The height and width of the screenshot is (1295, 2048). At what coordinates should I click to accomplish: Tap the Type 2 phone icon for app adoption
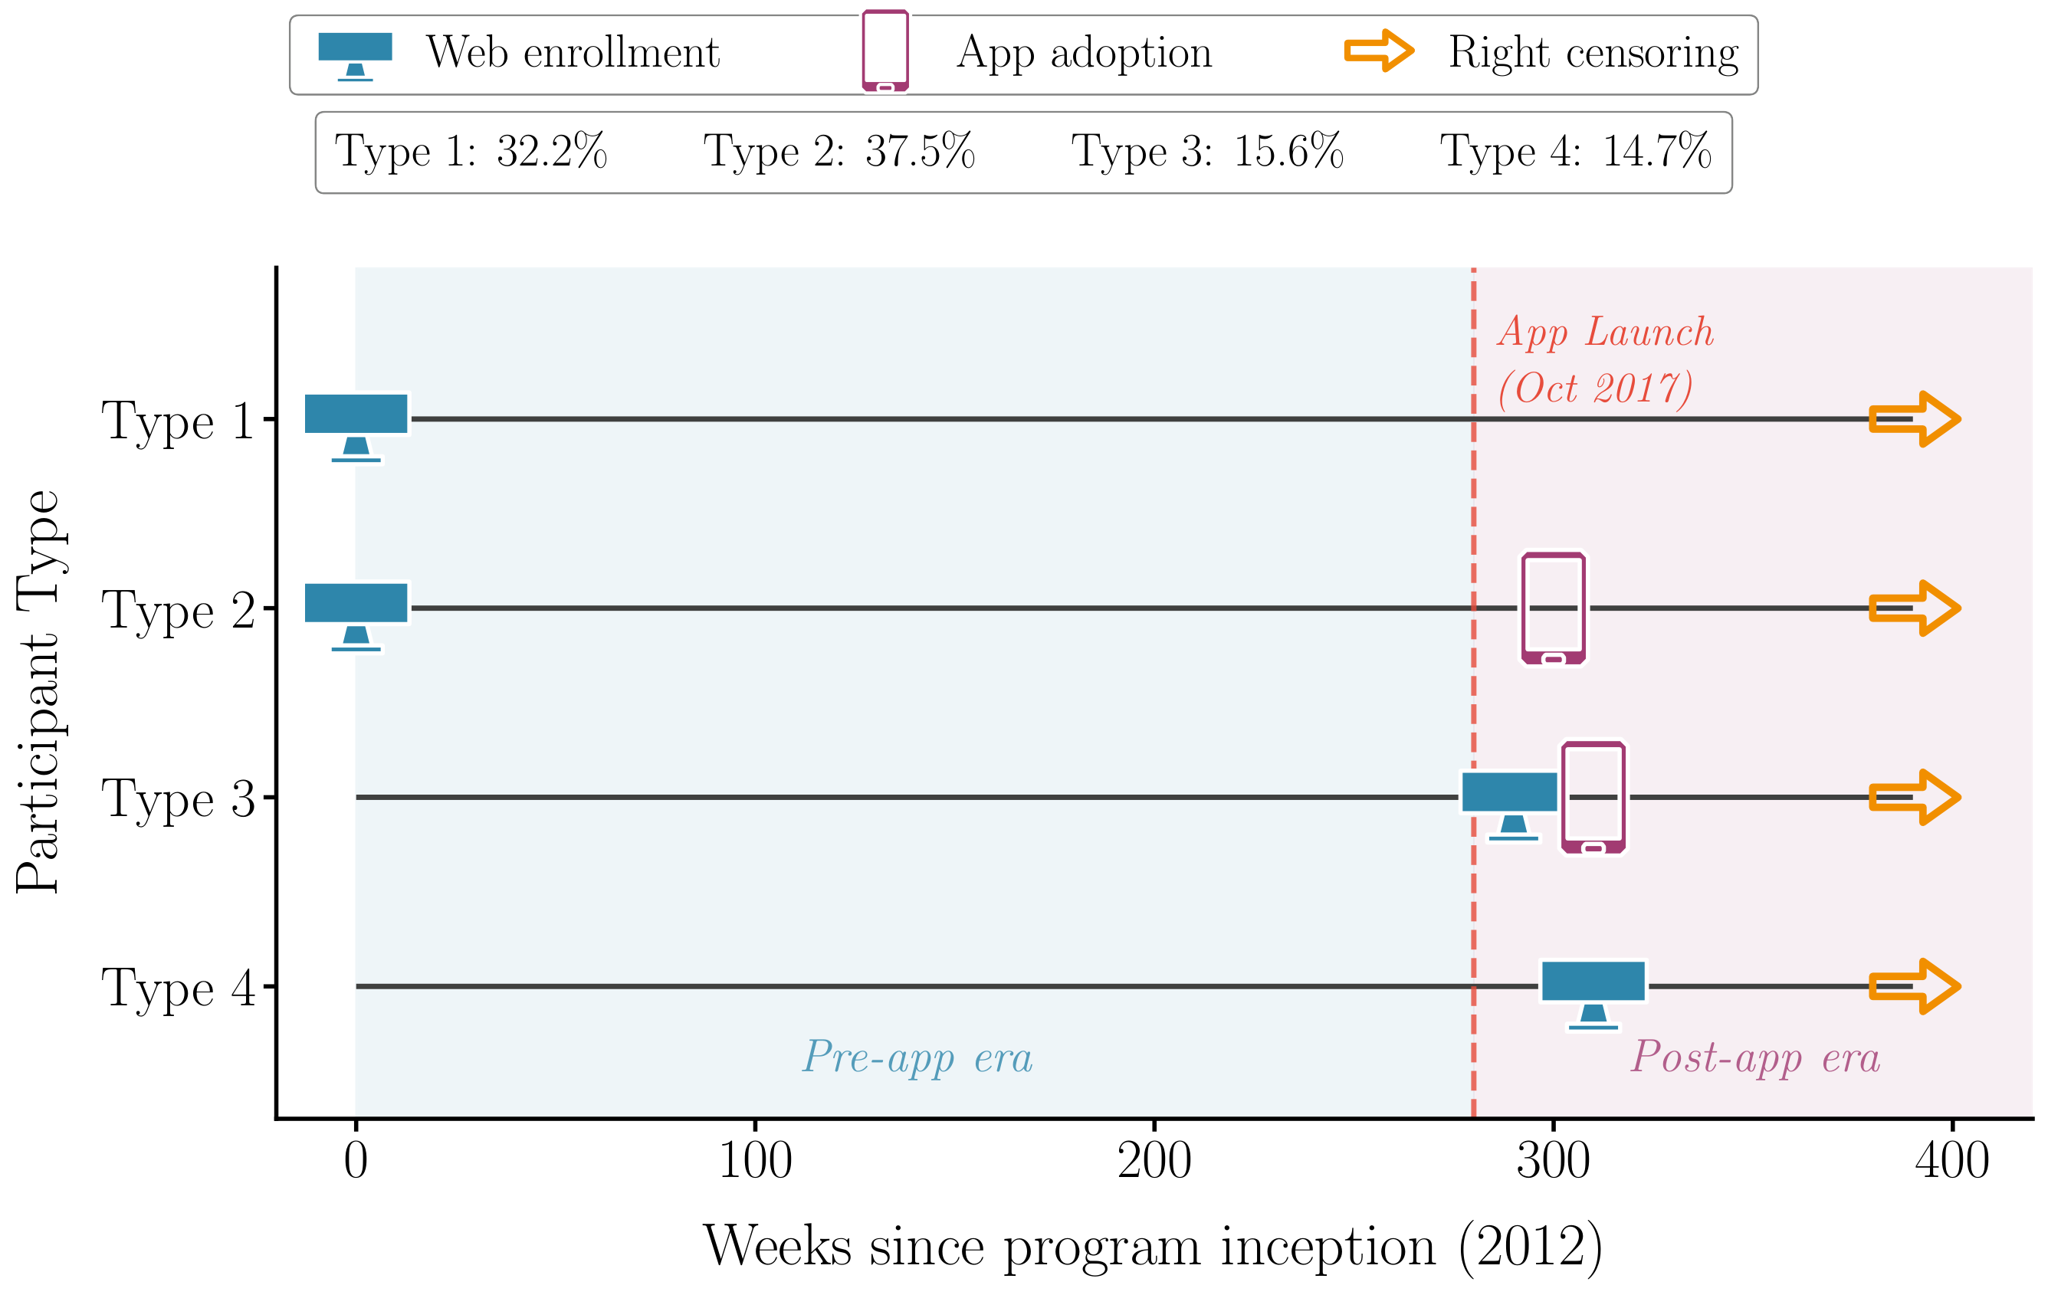point(1553,609)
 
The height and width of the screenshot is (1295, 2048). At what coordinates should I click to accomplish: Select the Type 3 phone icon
point(1593,798)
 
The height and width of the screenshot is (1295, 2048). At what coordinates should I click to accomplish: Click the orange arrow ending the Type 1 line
point(1914,419)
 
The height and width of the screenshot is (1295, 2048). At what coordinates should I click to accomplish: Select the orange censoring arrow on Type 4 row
point(1914,986)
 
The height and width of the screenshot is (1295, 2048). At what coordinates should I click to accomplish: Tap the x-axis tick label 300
point(1553,1162)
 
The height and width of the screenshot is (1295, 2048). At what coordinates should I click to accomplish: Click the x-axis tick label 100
point(755,1162)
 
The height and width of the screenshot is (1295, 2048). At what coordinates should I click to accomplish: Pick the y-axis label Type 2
point(178,611)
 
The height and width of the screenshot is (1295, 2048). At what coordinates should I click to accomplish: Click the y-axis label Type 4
point(178,989)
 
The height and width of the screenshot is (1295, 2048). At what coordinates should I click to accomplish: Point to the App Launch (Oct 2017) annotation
point(1603,360)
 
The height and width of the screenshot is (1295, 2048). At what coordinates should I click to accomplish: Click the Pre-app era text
point(917,1057)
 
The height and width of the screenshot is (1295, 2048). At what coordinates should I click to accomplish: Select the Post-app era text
point(1754,1057)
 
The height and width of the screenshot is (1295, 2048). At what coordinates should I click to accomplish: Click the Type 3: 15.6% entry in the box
point(1207,152)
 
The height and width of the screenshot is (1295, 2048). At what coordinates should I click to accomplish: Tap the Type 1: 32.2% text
point(471,152)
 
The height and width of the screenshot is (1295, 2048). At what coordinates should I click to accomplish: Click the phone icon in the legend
point(885,51)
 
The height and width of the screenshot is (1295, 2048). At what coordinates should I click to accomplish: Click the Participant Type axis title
point(38,692)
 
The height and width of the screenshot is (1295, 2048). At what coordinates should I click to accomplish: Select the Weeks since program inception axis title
point(1153,1247)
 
